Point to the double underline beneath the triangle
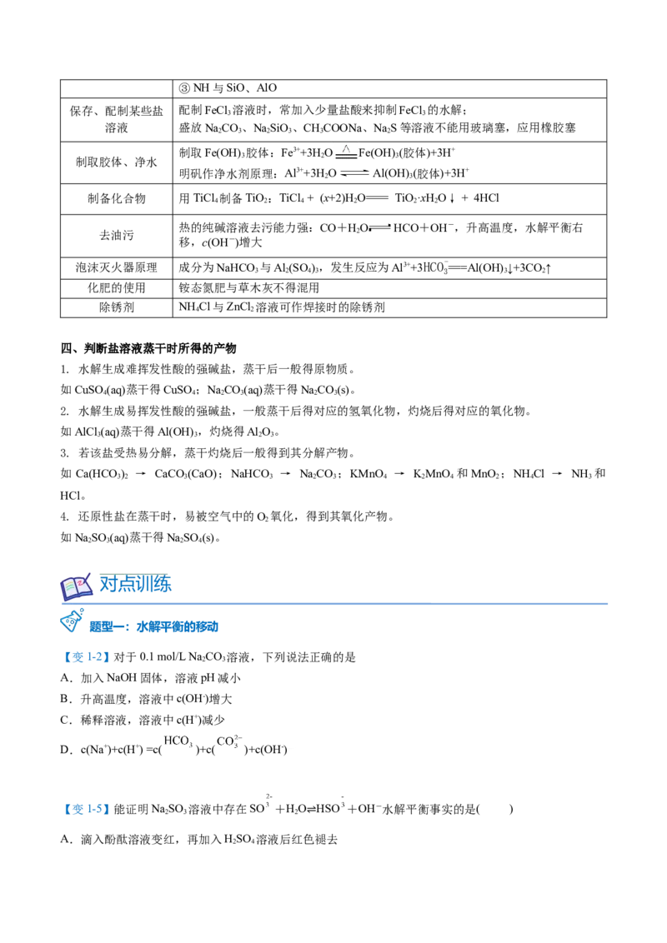[x=346, y=155]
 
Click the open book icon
[x=76, y=587]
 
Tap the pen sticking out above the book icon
[x=87, y=574]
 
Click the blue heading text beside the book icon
[x=136, y=585]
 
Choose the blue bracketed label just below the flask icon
[x=87, y=658]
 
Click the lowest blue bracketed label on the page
[x=87, y=809]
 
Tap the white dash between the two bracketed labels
[x=293, y=750]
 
